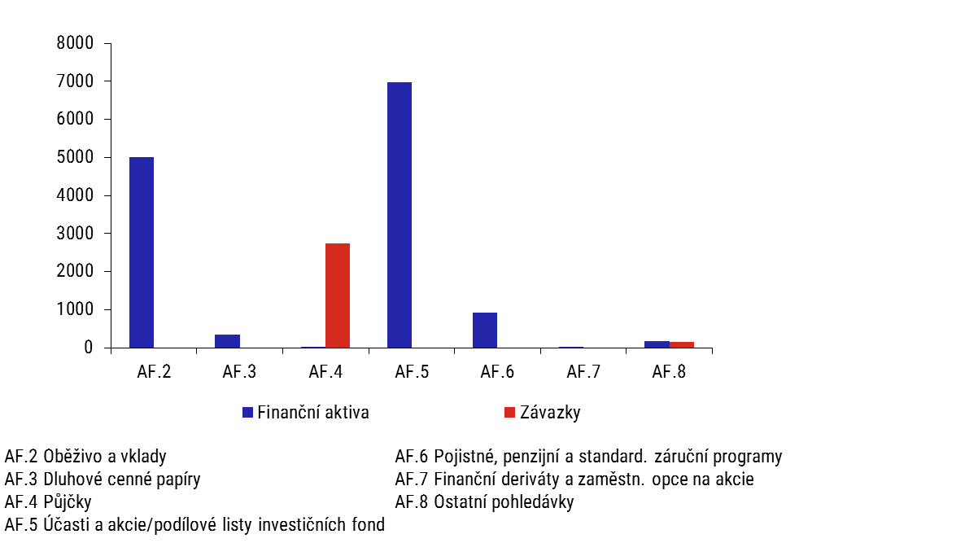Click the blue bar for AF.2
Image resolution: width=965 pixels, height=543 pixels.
[x=142, y=252]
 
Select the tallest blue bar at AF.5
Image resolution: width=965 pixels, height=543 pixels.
[x=400, y=215]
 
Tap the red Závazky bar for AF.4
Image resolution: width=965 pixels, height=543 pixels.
[x=337, y=296]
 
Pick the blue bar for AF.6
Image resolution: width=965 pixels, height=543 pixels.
[x=485, y=330]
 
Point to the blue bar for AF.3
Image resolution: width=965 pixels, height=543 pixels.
[x=227, y=341]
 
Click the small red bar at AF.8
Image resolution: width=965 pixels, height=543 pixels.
[x=681, y=344]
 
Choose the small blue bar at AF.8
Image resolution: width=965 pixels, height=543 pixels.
[x=657, y=344]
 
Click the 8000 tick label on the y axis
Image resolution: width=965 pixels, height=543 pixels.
[x=75, y=43]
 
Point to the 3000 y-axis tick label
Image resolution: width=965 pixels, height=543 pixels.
[x=75, y=234]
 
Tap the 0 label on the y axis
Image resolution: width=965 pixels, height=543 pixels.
[x=89, y=348]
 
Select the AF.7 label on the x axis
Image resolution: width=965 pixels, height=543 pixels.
[x=583, y=372]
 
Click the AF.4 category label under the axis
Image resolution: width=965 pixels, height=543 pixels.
[x=325, y=372]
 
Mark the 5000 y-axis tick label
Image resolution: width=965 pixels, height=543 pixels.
[x=75, y=157]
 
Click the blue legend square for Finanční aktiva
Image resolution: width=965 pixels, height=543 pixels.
[x=248, y=413]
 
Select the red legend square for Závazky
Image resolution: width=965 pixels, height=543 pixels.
[x=509, y=413]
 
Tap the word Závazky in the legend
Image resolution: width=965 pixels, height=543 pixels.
[x=550, y=413]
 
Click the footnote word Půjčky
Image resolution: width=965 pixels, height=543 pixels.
[x=68, y=501]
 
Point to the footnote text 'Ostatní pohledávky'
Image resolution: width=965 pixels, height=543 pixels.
[x=504, y=501]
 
